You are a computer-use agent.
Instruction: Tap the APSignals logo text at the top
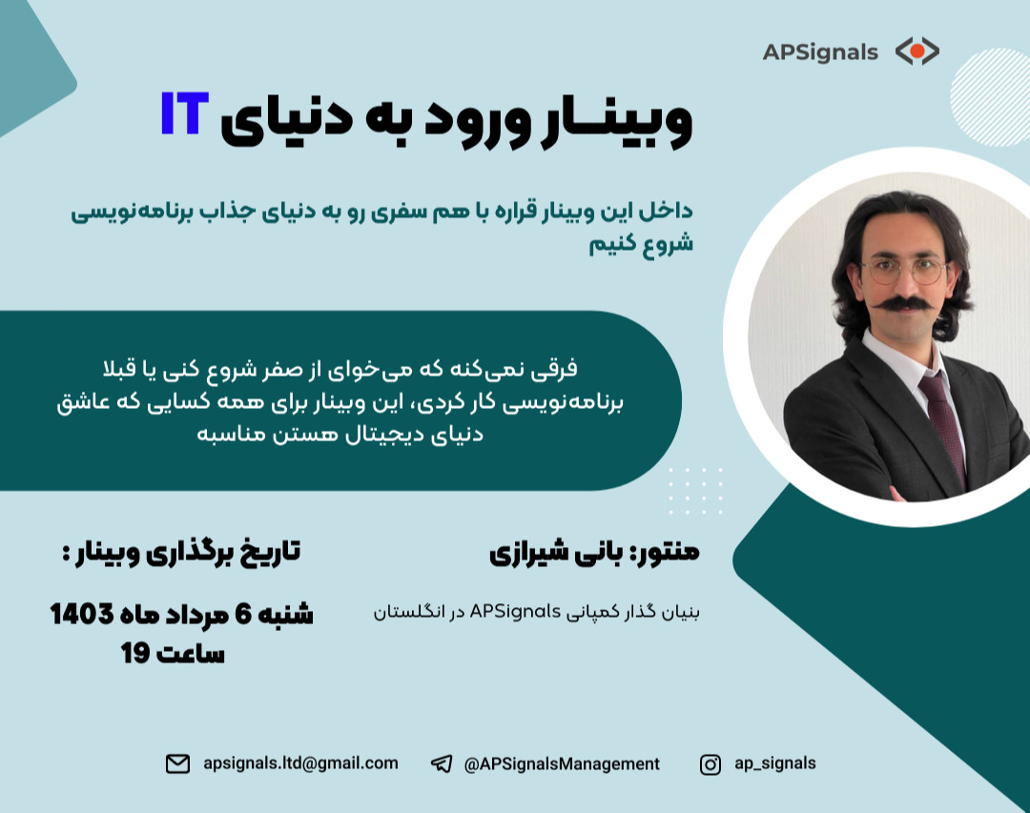(x=820, y=52)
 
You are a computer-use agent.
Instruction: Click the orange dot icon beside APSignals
(x=917, y=51)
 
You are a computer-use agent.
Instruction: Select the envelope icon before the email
(x=177, y=763)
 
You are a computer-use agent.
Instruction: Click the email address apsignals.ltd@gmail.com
(x=300, y=763)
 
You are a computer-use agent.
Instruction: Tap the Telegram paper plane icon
(x=441, y=763)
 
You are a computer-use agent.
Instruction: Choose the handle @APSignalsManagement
(x=561, y=763)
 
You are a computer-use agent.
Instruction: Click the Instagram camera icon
(x=711, y=763)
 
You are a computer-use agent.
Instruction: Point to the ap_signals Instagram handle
(x=774, y=763)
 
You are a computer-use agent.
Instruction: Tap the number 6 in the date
(x=242, y=615)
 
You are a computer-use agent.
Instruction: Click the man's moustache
(x=901, y=305)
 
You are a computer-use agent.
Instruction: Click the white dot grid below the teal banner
(x=695, y=491)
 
